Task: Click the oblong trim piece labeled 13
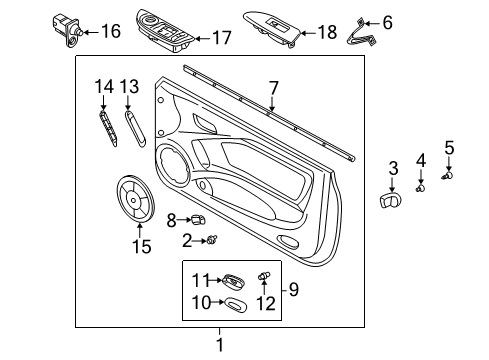coord(133,128)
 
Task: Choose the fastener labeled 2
coord(212,239)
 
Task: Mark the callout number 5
coord(449,148)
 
